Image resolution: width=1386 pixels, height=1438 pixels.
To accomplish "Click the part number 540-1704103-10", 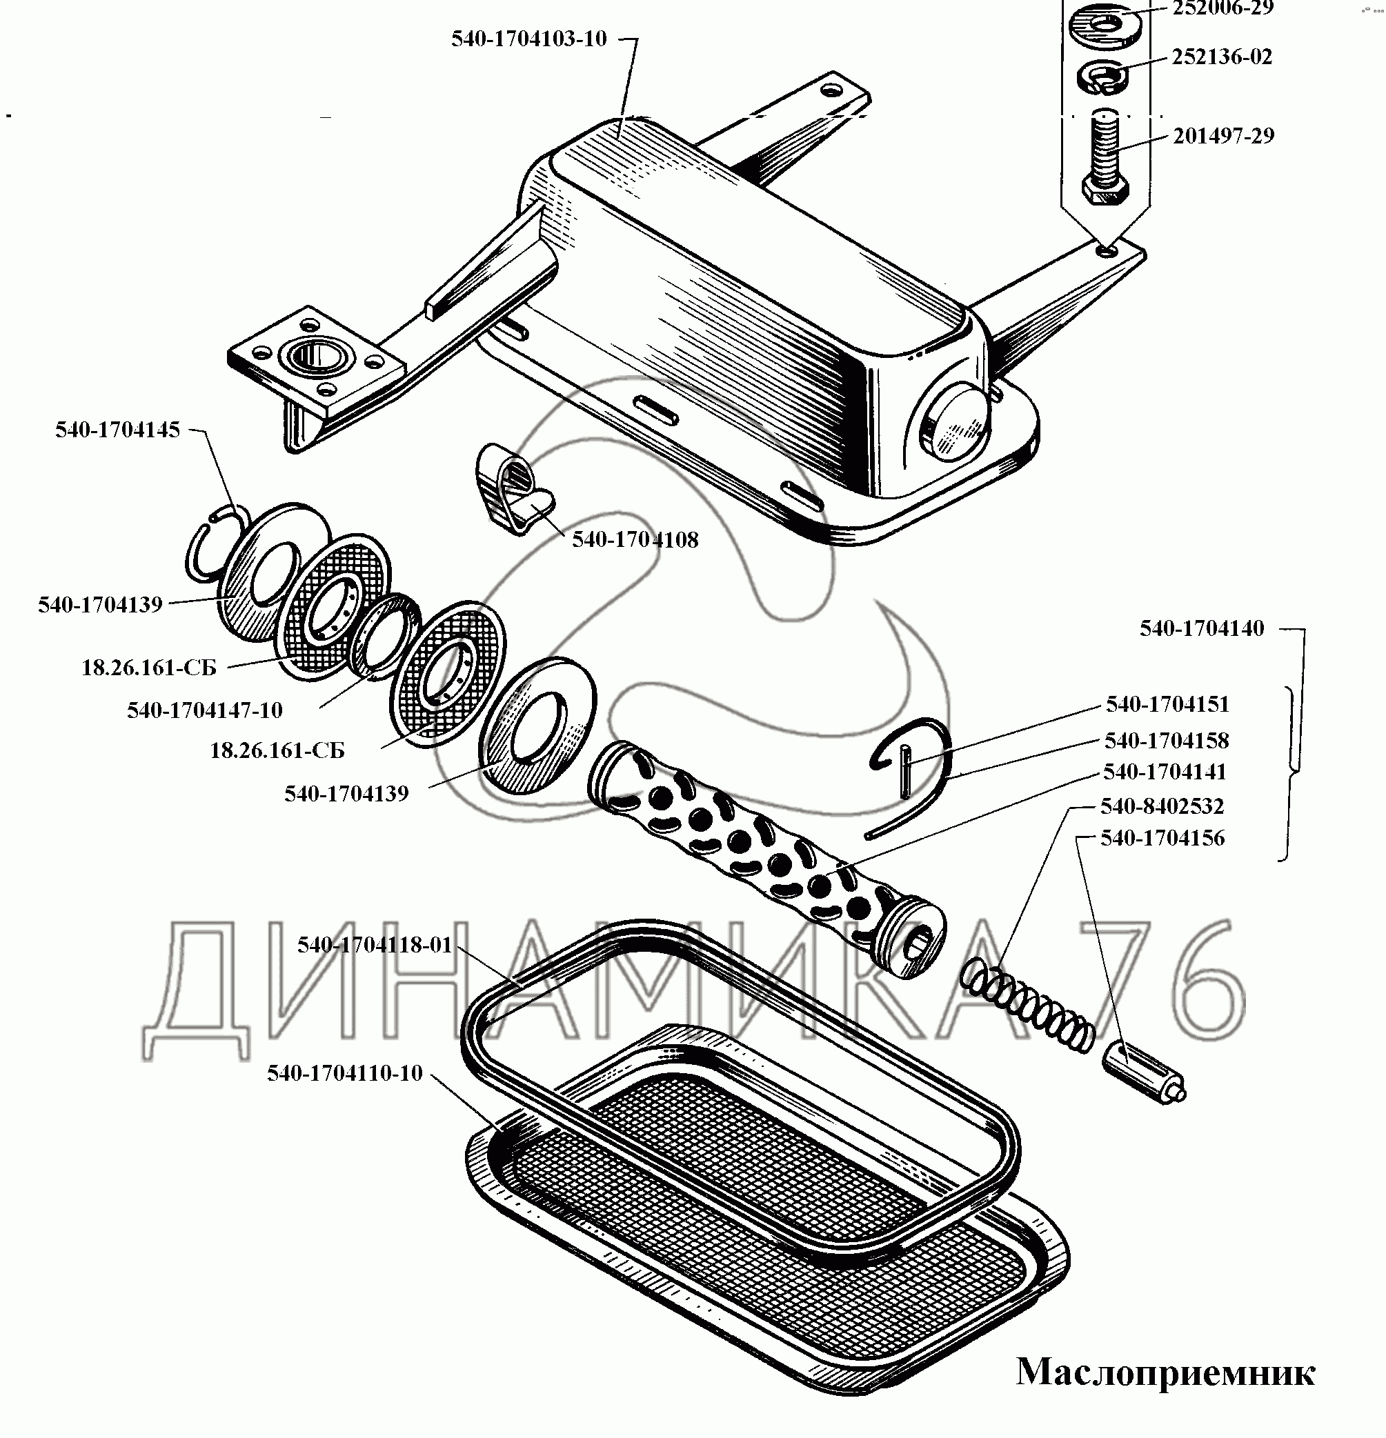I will point(529,39).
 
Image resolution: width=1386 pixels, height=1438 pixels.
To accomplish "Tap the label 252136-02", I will point(1222,57).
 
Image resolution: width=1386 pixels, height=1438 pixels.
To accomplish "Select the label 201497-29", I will point(1223,136).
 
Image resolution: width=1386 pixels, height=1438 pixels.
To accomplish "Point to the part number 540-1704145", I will point(117,430).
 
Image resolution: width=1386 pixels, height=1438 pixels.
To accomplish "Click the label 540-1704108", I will point(635,540).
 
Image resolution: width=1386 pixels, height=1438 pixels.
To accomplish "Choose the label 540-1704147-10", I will point(205,710).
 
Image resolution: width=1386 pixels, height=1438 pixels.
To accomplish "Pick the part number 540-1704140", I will point(1202,629).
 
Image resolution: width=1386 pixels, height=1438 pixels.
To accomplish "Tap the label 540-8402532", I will point(1162,806).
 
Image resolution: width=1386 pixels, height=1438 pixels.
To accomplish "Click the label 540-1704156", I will point(1162,838).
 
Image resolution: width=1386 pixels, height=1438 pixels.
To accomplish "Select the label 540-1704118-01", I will point(374,945).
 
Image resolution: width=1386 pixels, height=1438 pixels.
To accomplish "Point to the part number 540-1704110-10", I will point(345,1073).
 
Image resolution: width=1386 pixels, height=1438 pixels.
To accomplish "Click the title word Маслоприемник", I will point(1165,1372).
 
